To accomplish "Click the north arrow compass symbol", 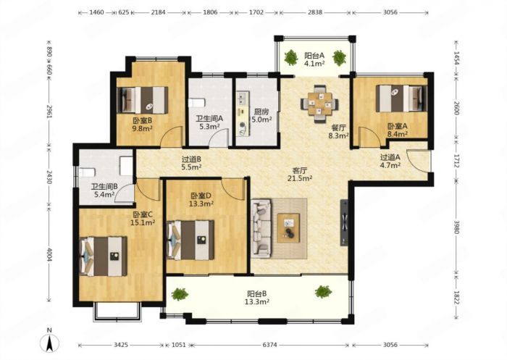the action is tap(49, 343).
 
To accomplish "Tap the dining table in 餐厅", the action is tap(319, 104).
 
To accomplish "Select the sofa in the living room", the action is tap(261, 228).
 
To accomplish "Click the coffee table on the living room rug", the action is tap(288, 228).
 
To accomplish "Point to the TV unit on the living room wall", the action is tap(344, 222).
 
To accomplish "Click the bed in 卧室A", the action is tap(401, 99).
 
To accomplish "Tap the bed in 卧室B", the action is tap(142, 100).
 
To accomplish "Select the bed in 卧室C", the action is tap(103, 256).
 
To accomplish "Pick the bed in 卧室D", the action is tap(190, 240).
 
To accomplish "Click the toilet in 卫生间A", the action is tap(197, 103).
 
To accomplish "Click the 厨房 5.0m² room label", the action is tap(261, 116).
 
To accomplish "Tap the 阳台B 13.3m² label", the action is tap(257, 298).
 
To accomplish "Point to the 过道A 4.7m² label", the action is tap(390, 162).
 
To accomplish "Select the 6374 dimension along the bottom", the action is tap(269, 345).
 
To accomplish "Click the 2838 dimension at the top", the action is tap(315, 12).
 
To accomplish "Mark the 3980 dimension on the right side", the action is tap(456, 227).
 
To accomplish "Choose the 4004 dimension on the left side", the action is tap(49, 254).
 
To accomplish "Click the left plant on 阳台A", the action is tap(291, 57).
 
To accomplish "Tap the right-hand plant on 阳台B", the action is tap(323, 291).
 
